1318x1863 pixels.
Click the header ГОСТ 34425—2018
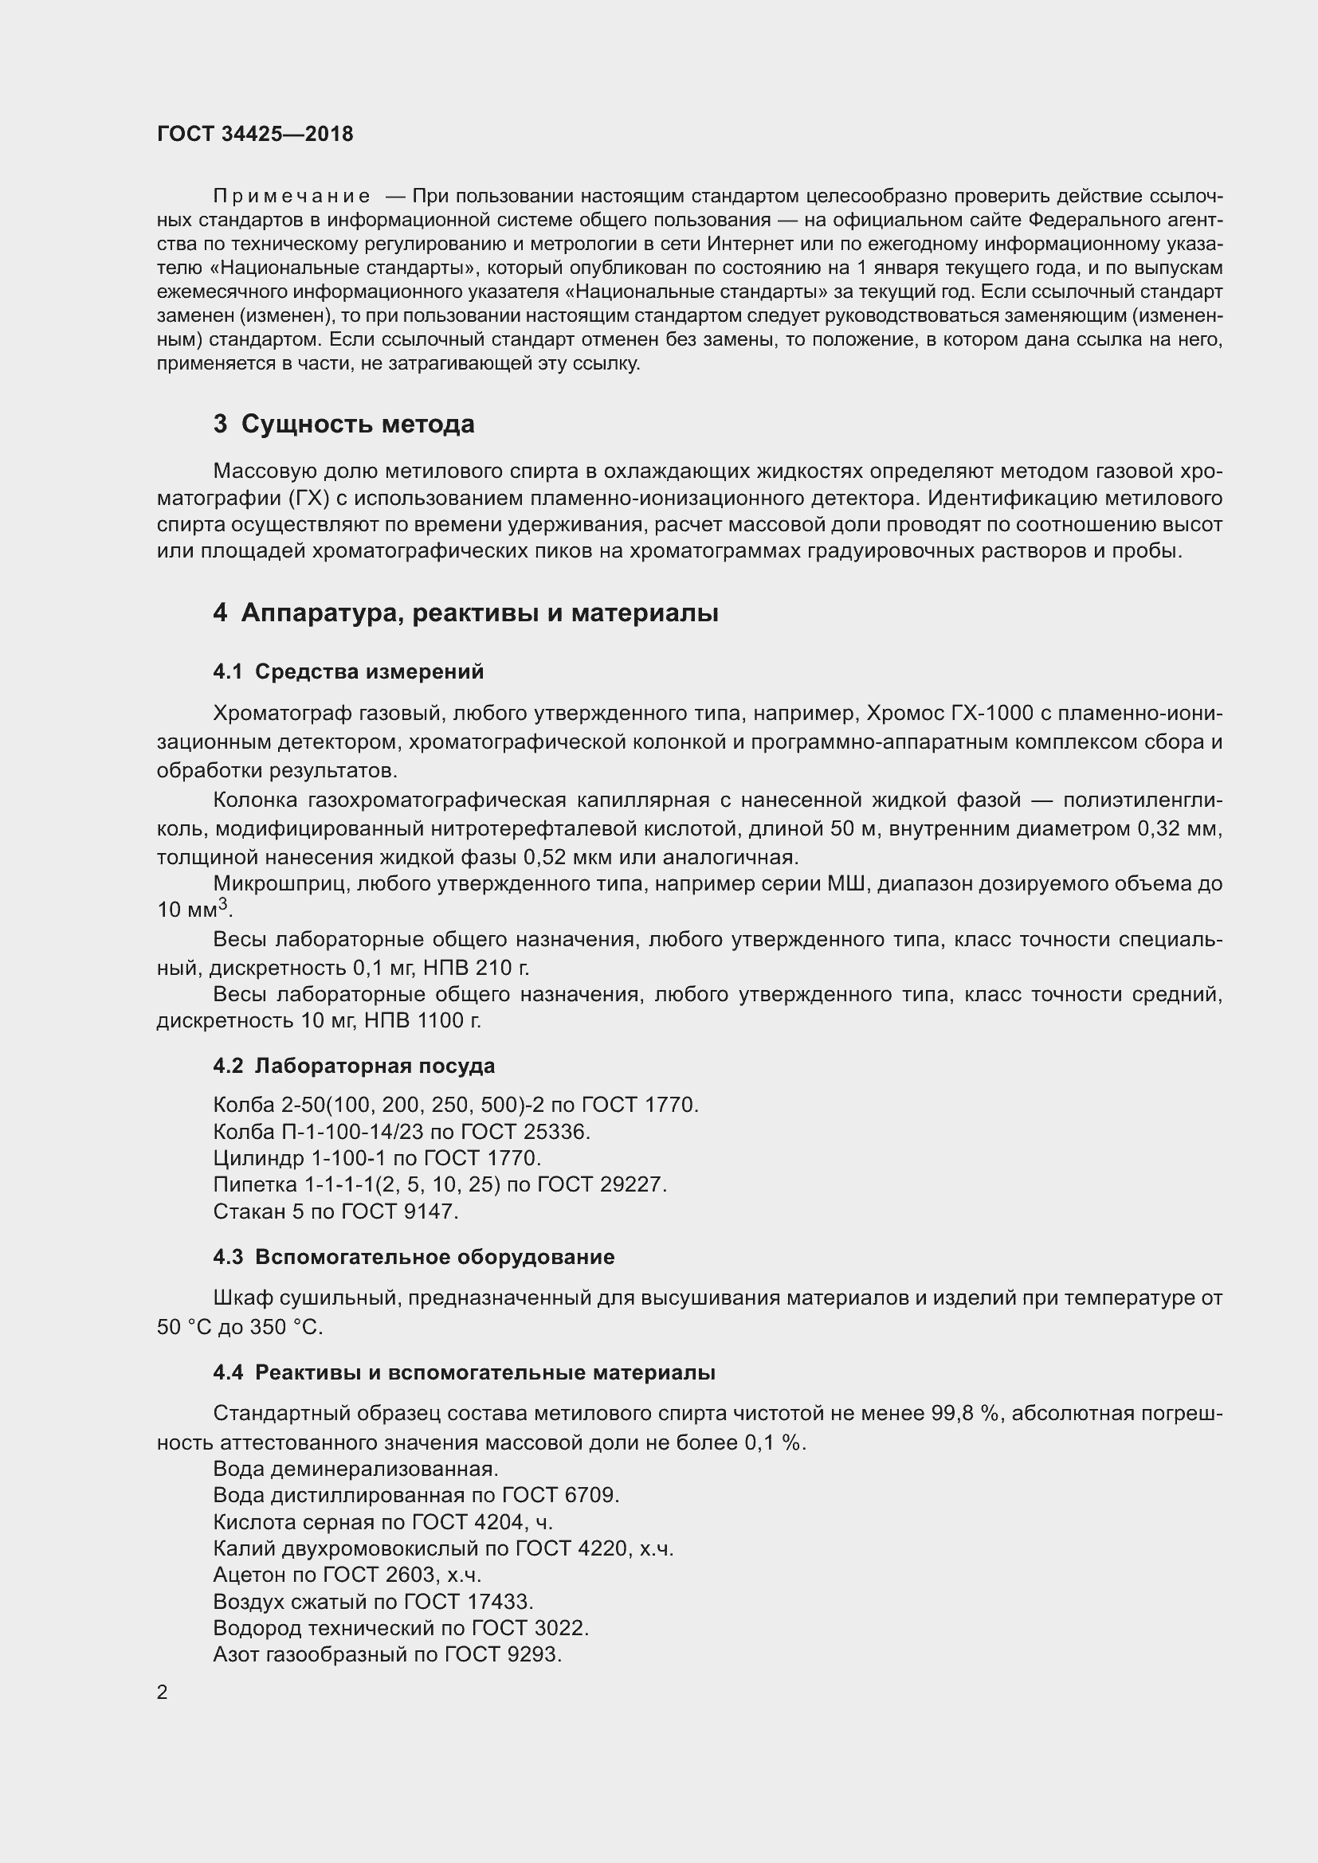255,135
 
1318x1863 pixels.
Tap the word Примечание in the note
292,197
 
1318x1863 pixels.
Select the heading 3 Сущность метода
343,424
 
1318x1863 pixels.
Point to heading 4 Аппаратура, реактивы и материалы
465,613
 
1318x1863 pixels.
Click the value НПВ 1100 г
422,1021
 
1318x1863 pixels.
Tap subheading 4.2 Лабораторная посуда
354,1066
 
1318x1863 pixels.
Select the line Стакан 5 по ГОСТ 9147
336,1211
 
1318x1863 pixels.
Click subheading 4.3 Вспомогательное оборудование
414,1257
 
